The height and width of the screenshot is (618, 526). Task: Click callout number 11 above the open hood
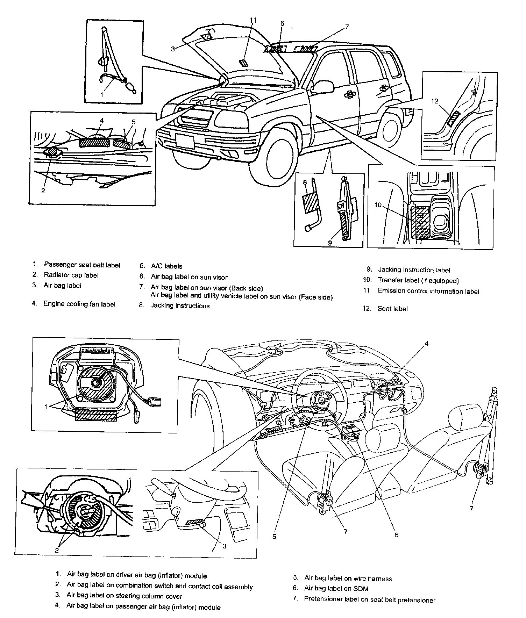pos(253,21)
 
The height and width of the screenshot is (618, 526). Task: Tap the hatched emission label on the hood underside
pos(244,63)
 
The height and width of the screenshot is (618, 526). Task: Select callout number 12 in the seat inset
pos(434,101)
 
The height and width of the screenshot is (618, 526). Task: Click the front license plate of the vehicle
pos(185,141)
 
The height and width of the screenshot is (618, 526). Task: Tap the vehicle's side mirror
pos(321,87)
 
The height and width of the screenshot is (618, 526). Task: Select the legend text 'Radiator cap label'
pos(71,275)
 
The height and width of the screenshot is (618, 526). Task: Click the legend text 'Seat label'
pos(392,309)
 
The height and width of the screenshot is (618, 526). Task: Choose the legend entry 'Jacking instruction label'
pos(414,270)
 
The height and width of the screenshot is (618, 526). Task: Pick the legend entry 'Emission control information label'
pos(428,291)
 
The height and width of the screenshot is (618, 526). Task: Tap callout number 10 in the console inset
pos(378,205)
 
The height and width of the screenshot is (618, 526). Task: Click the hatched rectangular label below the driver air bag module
pos(96,416)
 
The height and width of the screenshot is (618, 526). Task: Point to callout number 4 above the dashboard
pos(426,344)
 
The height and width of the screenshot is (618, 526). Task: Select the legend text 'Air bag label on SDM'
pos(336,589)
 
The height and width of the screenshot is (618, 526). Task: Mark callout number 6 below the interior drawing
pos(396,535)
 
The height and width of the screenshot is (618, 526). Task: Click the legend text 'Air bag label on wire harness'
pos(348,579)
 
